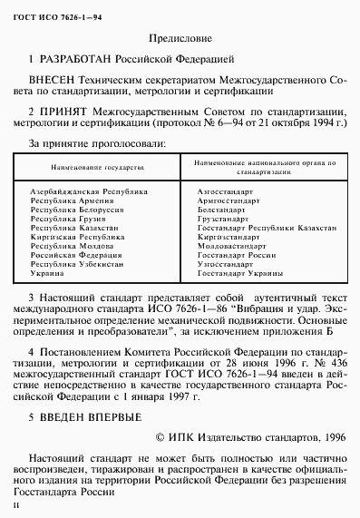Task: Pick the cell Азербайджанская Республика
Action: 90,192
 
